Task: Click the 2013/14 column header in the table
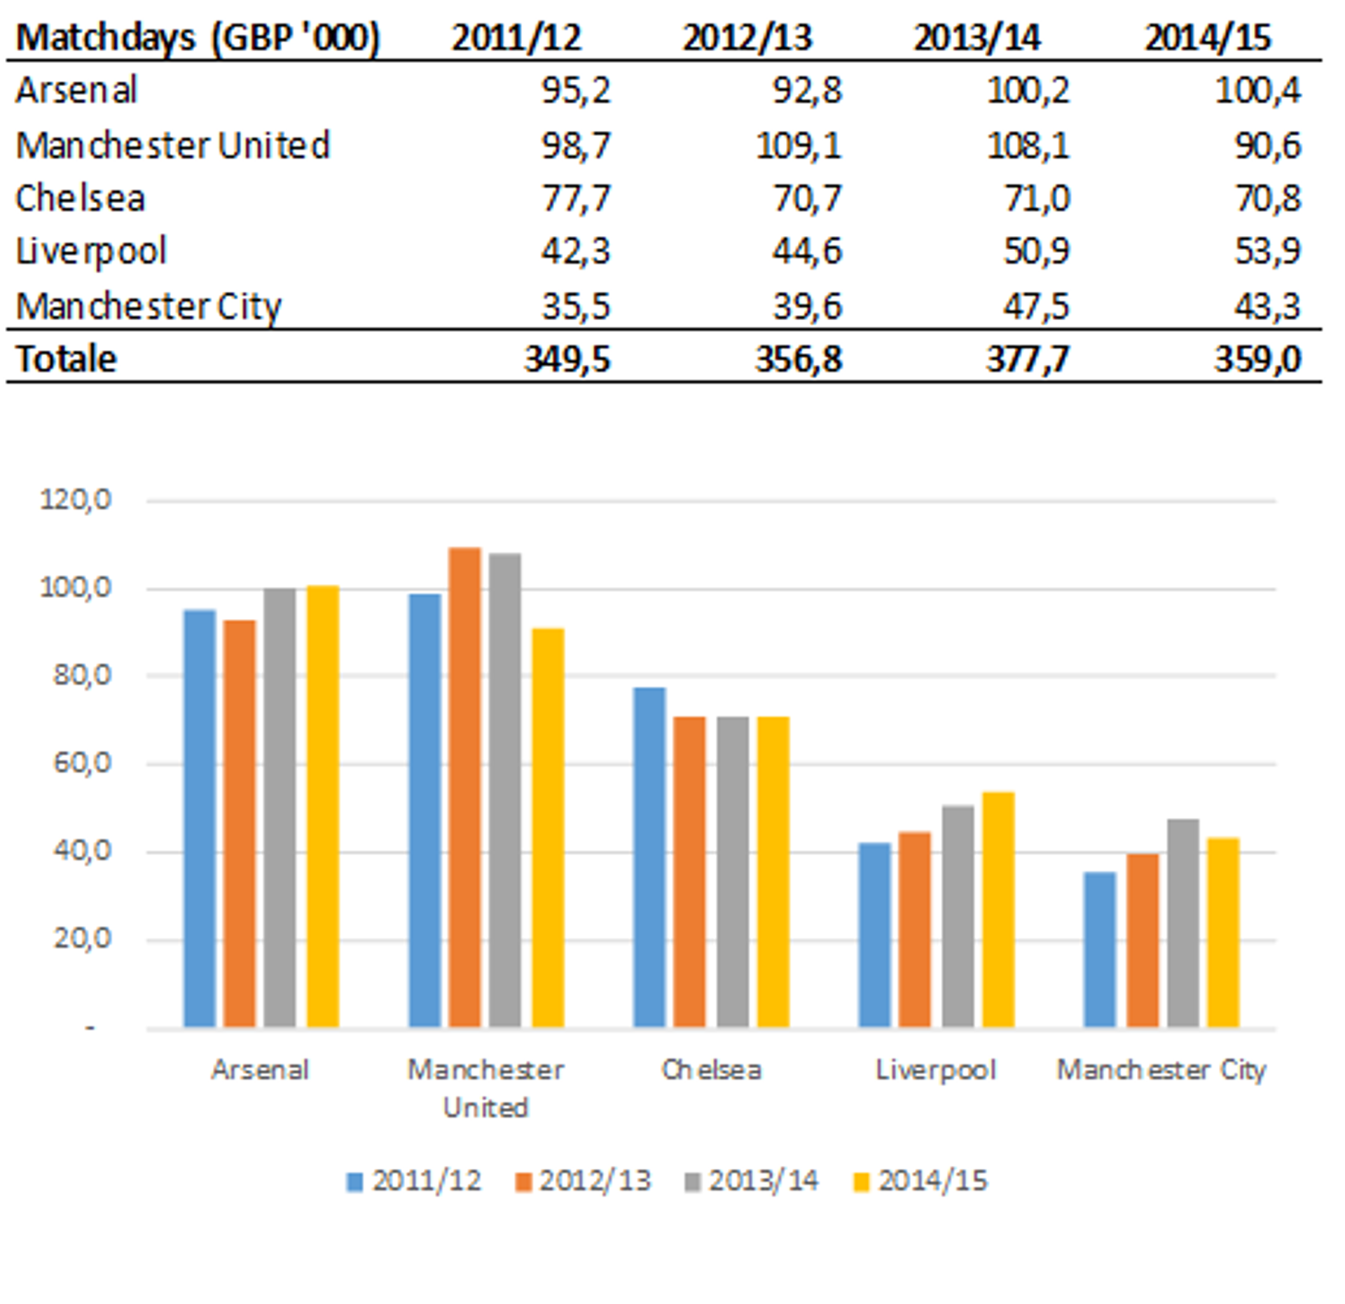coord(977,37)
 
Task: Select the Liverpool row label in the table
coord(91,251)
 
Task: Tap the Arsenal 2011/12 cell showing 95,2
coord(575,90)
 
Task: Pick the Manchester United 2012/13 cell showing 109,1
coord(799,146)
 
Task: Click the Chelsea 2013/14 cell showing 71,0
coord(1036,198)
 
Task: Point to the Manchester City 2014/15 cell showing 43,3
coord(1267,306)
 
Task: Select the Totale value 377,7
coord(1028,359)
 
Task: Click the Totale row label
coord(67,359)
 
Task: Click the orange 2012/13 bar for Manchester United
coord(464,787)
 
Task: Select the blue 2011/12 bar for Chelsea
coord(649,857)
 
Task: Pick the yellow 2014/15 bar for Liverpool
coord(998,910)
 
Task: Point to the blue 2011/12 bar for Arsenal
coord(200,819)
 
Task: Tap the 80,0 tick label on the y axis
coord(82,676)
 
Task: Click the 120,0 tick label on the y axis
coord(76,500)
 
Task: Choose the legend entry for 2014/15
coord(920,1181)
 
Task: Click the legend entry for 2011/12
coord(414,1181)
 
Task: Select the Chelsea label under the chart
coord(711,1069)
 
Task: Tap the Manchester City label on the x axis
coord(1161,1069)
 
